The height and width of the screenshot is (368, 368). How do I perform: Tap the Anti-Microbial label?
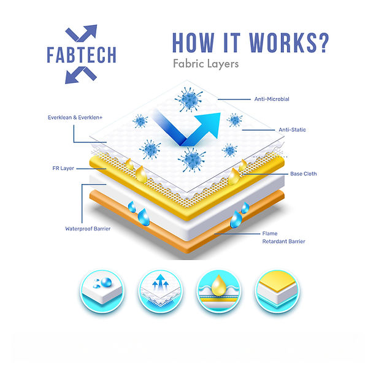click(272, 99)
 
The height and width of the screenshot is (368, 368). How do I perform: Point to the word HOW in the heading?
click(191, 42)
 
